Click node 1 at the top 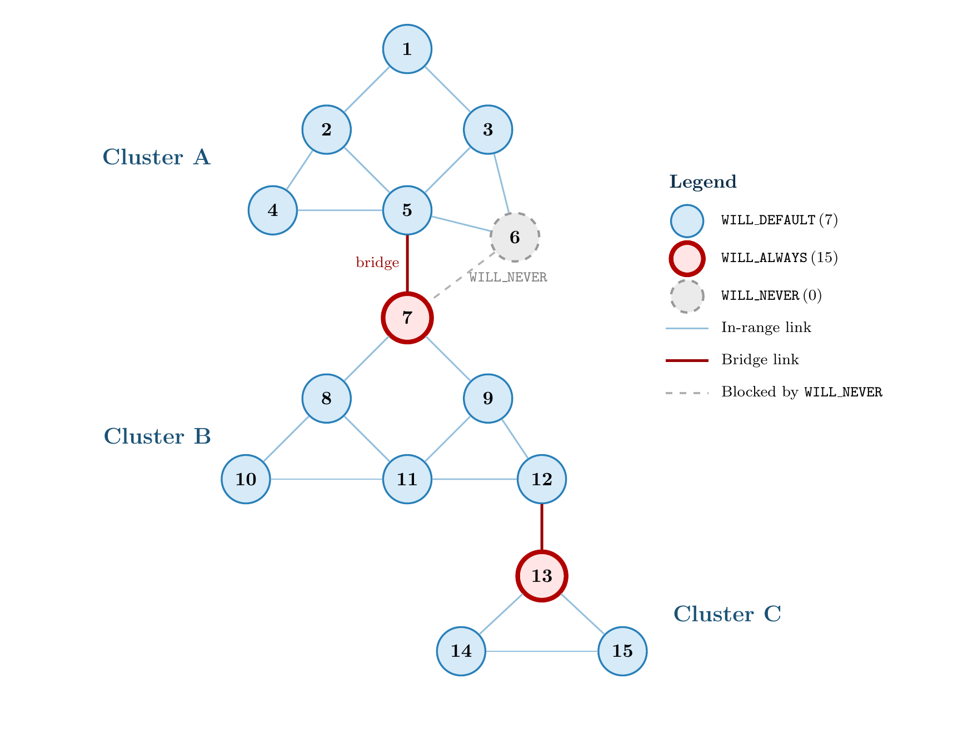pos(407,49)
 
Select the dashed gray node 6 pos(515,237)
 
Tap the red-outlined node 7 pos(407,318)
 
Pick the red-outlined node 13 pos(541,576)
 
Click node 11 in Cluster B pos(407,479)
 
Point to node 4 pos(272,210)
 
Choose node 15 pos(622,651)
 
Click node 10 pos(246,479)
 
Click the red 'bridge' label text pos(377,263)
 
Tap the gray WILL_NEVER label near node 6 pos(508,277)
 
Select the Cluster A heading pos(156,157)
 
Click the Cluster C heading pos(727,614)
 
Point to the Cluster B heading pos(157,436)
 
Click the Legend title pos(702,182)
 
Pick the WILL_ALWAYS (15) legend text pos(779,258)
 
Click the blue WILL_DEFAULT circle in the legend pos(687,220)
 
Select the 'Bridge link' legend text pos(760,360)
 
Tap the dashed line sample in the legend pos(687,393)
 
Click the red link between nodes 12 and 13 pos(541,527)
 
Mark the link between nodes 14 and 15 pos(542,651)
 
